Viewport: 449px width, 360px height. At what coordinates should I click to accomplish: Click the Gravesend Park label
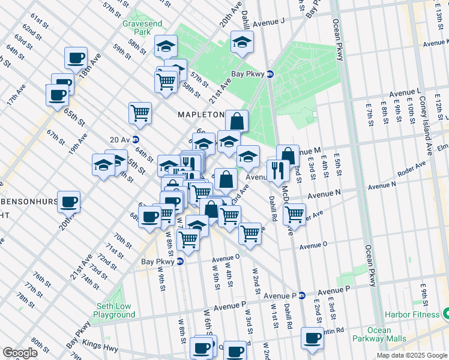135,26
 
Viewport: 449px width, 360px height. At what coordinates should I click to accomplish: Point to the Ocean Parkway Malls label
379,335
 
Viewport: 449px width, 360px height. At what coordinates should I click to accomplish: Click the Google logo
20,353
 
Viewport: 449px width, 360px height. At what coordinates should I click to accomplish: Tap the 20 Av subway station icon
136,139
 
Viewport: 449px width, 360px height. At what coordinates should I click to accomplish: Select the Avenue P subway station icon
302,295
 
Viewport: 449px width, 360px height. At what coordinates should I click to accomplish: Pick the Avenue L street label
404,93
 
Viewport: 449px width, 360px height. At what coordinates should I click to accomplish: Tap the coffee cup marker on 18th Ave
76,58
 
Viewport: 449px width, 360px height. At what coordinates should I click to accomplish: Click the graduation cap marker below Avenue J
242,42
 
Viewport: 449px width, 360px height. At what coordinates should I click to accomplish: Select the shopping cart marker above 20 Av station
140,112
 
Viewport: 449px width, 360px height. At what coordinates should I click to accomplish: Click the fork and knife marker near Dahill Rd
278,169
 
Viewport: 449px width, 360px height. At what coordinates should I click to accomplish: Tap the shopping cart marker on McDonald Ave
294,213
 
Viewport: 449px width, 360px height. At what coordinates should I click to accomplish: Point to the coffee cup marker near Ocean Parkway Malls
312,338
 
